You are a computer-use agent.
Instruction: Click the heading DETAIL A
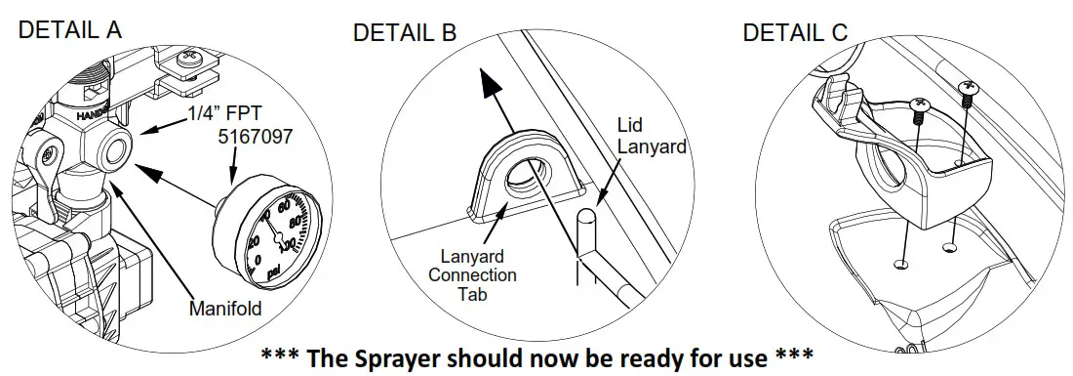coord(70,29)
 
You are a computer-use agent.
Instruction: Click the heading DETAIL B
coord(405,33)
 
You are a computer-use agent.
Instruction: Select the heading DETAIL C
coord(795,32)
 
